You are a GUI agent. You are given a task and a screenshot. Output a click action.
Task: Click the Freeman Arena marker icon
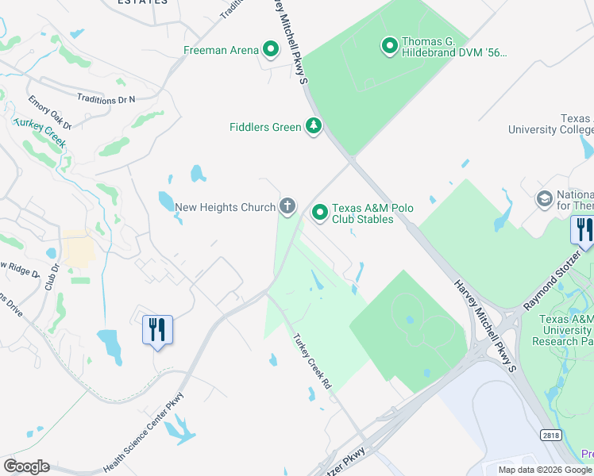tap(271, 51)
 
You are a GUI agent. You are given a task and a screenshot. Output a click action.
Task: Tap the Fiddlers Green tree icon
tap(314, 127)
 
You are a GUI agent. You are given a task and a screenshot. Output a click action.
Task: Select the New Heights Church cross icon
tap(287, 207)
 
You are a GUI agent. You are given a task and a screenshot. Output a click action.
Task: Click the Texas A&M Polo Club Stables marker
tap(320, 212)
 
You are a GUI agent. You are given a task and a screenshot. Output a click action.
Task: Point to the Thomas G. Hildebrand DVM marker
tap(390, 47)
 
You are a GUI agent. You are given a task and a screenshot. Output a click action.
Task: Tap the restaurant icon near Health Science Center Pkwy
tap(156, 330)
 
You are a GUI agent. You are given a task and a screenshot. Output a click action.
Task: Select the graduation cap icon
tap(545, 198)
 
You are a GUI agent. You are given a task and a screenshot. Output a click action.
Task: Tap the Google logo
tap(26, 466)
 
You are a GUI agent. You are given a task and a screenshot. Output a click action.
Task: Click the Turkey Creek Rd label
tap(311, 362)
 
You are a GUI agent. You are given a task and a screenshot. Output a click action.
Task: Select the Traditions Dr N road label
tap(106, 99)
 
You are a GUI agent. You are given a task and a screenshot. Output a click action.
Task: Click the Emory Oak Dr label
tap(50, 113)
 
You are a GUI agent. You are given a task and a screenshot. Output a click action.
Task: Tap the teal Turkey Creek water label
tap(37, 129)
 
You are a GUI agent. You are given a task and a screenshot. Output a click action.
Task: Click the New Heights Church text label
tap(225, 208)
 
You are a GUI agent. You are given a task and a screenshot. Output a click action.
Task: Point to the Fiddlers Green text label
tap(265, 127)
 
